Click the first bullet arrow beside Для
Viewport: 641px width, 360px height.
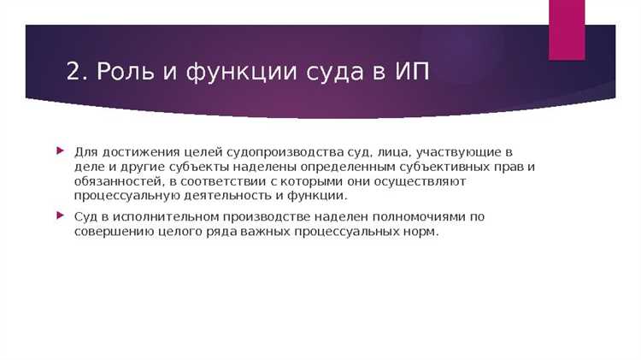[x=59, y=151]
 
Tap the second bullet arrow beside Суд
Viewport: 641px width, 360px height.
[x=59, y=216]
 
